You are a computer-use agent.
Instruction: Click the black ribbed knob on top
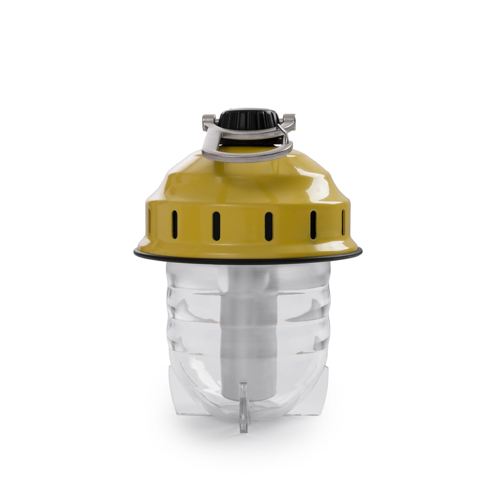click(x=247, y=119)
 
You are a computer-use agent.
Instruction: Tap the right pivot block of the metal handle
click(x=287, y=122)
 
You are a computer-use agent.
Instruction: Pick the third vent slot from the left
click(x=216, y=226)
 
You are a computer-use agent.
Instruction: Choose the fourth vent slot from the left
click(x=268, y=226)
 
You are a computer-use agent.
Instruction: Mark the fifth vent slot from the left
click(x=313, y=225)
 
